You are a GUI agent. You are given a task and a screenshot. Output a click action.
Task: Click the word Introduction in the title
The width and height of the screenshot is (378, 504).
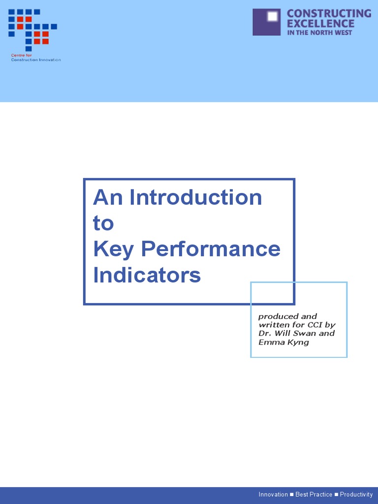click(x=196, y=198)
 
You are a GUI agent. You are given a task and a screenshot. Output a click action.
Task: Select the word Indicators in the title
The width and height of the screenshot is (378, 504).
click(x=147, y=275)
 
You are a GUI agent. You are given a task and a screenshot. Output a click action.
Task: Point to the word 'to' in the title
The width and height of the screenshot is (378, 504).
click(x=103, y=223)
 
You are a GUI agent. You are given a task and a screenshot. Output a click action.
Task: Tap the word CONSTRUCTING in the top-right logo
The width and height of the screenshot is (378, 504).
click(x=329, y=14)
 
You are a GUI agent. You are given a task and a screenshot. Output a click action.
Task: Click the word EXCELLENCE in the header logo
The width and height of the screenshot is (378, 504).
click(x=320, y=24)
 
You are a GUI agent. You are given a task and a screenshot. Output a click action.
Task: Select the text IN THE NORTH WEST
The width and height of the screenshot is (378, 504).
click(x=319, y=32)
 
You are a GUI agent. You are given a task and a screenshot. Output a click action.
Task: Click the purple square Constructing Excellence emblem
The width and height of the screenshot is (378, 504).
click(x=266, y=22)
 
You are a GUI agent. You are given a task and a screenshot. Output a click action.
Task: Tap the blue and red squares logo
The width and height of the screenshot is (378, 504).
click(x=32, y=30)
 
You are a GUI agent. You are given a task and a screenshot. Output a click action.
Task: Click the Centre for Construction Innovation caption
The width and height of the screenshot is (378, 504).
click(x=35, y=58)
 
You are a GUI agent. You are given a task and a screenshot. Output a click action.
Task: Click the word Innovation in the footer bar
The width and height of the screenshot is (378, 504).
click(x=273, y=495)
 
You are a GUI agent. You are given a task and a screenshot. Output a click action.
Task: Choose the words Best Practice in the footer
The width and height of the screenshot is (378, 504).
click(x=314, y=495)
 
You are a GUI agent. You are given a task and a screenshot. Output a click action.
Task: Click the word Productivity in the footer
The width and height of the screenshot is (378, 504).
click(x=356, y=495)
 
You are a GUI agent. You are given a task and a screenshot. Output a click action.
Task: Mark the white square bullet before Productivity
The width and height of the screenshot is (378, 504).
click(x=336, y=495)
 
